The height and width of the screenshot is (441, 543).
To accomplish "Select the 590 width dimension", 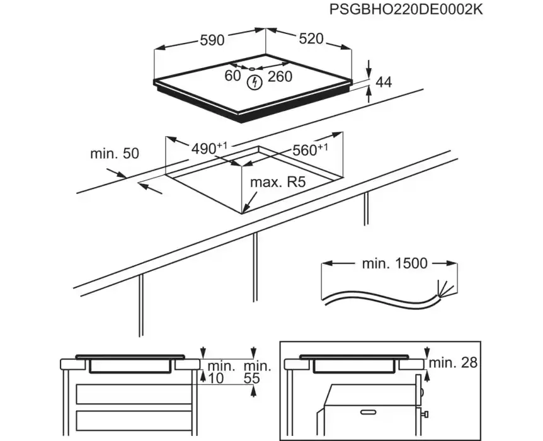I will (x=212, y=40).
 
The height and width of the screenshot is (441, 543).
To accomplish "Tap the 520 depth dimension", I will (x=311, y=39).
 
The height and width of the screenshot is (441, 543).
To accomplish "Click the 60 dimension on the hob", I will (x=233, y=76).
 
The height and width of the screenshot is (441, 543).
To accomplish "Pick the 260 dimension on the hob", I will (x=280, y=76).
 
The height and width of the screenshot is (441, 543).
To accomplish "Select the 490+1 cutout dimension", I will (x=208, y=148).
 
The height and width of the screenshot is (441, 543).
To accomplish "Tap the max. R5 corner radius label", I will (x=278, y=183).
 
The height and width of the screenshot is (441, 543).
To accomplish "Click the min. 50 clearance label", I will (x=114, y=153).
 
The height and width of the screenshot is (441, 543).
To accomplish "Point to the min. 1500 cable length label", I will (x=394, y=263).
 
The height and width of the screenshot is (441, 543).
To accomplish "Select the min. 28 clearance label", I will (x=453, y=363).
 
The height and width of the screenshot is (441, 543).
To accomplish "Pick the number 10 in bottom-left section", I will (x=216, y=378).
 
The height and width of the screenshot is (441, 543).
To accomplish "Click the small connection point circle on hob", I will (x=250, y=69).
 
